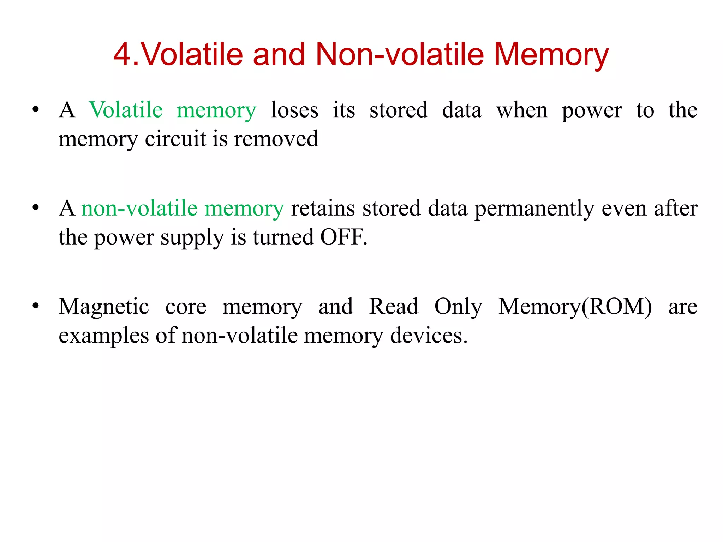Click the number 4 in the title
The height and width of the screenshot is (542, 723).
(122, 54)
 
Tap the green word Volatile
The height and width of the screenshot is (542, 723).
(126, 110)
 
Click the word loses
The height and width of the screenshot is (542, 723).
(294, 110)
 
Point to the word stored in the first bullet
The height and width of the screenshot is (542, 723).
(399, 110)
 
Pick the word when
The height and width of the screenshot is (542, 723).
(522, 110)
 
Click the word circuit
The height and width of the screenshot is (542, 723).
(175, 139)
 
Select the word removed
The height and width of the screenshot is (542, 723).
(276, 139)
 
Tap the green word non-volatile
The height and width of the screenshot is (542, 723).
(139, 208)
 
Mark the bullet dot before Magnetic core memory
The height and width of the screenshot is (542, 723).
(35, 306)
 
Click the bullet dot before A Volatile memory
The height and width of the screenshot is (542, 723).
(35, 109)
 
